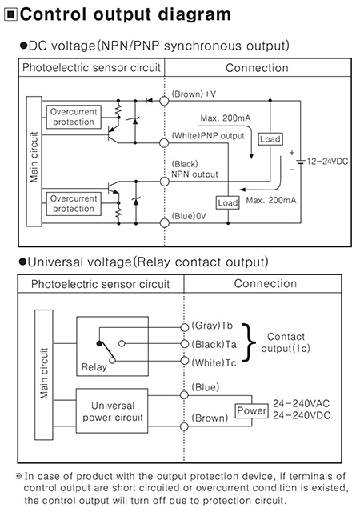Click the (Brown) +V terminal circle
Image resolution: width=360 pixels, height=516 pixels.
coord(164,100)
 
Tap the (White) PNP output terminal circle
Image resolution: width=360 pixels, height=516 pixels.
coord(164,143)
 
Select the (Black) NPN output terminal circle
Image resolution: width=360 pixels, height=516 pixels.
coord(164,182)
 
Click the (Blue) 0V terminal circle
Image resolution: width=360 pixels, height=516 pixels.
coord(164,223)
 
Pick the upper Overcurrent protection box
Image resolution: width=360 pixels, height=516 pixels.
coord(74,117)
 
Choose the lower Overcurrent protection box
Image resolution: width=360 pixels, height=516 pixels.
coord(74,204)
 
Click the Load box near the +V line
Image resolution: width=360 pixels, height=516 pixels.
coord(270,139)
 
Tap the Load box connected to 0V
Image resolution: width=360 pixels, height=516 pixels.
coord(228,202)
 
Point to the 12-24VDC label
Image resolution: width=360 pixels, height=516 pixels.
coord(327,162)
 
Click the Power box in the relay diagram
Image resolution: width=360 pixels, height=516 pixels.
coord(252,410)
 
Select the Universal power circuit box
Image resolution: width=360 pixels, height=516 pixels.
coord(112,410)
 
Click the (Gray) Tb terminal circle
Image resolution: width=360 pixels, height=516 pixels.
coord(185,327)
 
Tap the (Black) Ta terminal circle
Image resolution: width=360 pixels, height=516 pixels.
coord(185,344)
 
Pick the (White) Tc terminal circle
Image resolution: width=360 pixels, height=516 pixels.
coord(185,361)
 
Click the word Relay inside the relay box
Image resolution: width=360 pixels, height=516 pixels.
coord(94,367)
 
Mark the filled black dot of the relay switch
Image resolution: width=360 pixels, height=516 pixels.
coord(99,343)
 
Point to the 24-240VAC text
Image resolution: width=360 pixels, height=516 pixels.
coord(301,403)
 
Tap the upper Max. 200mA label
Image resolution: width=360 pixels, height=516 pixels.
coord(226,118)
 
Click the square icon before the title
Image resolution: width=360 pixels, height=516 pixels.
coord(11,15)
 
